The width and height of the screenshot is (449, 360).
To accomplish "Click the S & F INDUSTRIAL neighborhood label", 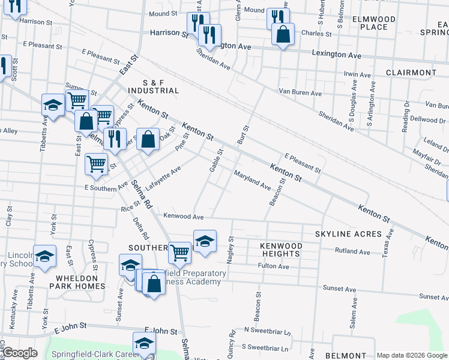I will (152, 86).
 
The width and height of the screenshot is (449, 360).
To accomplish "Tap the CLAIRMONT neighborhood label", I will (411, 73).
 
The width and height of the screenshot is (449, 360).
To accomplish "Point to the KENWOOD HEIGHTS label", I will (280, 250).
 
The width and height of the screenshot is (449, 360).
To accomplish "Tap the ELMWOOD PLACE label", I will (374, 23).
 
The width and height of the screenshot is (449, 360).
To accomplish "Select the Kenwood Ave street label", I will (184, 217).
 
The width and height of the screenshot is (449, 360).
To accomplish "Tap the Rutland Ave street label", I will (352, 252).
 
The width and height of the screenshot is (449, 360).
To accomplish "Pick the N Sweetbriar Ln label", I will (267, 331).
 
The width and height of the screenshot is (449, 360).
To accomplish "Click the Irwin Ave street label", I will (358, 75).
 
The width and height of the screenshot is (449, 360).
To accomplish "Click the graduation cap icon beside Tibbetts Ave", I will (53, 104).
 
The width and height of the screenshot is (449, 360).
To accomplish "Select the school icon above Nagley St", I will (205, 241).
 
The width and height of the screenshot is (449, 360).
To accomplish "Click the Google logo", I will (20, 353).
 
